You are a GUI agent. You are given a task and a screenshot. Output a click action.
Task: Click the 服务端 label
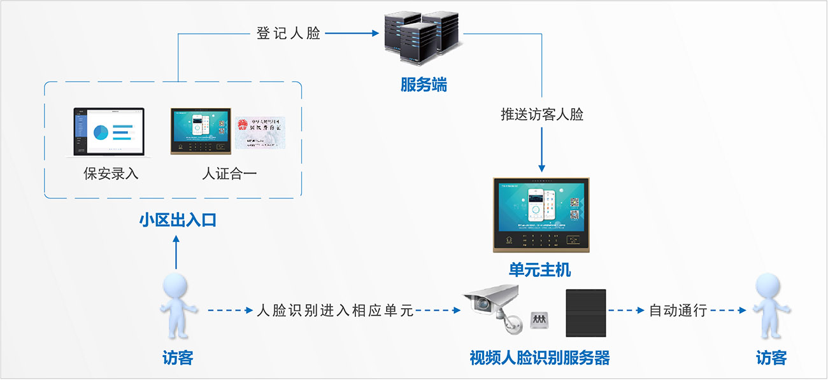click(x=424, y=85)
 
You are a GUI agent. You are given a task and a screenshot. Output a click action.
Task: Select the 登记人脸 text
click(x=289, y=34)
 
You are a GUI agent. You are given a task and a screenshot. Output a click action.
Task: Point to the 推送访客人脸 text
click(x=542, y=115)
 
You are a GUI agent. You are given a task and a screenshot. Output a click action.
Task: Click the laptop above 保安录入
click(x=108, y=132)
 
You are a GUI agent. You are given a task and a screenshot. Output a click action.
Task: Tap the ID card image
click(x=260, y=132)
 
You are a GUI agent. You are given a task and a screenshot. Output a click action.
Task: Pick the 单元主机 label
click(x=540, y=270)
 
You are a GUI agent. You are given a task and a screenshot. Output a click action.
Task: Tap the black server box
click(x=586, y=312)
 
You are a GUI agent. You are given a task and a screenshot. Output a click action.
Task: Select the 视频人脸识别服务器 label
click(x=539, y=358)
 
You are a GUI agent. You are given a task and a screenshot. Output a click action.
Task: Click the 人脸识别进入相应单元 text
click(x=334, y=311)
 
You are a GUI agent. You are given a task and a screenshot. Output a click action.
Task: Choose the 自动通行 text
click(x=678, y=311)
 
